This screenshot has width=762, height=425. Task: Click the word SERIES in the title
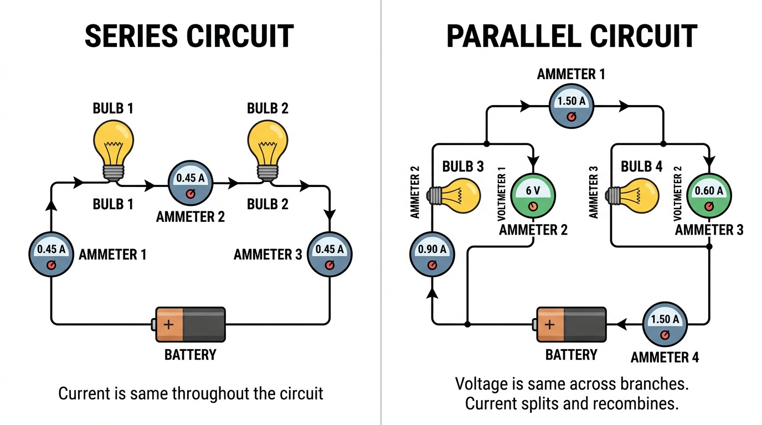pyautogui.click(x=131, y=36)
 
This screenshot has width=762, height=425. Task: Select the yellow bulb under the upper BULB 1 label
pyautogui.click(x=114, y=151)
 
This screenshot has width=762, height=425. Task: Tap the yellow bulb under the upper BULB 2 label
pyautogui.click(x=267, y=151)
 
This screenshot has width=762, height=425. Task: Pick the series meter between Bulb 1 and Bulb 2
pyautogui.click(x=190, y=183)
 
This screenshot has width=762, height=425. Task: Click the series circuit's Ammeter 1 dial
pyautogui.click(x=52, y=255)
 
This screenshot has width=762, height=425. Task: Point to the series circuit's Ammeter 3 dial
pyautogui.click(x=329, y=255)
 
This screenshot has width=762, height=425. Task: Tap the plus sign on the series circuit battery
pyautogui.click(x=168, y=324)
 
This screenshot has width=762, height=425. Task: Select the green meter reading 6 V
pyautogui.click(x=533, y=195)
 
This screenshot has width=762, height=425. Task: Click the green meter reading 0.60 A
pyautogui.click(x=709, y=195)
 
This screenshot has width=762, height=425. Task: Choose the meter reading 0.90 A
pyautogui.click(x=432, y=255)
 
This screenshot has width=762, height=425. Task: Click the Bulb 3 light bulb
pyautogui.click(x=454, y=196)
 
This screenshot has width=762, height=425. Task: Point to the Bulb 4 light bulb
pyautogui.click(x=632, y=196)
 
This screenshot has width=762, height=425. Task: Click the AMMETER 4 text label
pyautogui.click(x=665, y=357)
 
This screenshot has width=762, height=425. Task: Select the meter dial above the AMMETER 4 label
pyautogui.click(x=665, y=324)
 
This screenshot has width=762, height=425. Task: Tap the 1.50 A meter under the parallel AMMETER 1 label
pyautogui.click(x=571, y=106)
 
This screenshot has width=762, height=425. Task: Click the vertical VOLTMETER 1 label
pyautogui.click(x=502, y=194)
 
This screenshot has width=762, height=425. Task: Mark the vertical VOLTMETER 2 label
pyautogui.click(x=678, y=194)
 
